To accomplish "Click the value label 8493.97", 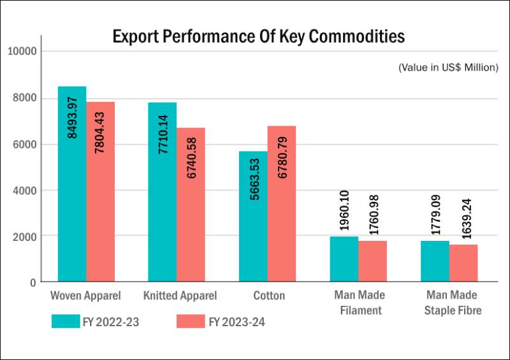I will [72, 117].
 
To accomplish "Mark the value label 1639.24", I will [463, 217].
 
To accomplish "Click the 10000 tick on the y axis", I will [22, 51].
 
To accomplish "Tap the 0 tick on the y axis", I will [33, 282].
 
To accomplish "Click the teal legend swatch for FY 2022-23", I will [65, 321].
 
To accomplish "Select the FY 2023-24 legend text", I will [237, 322].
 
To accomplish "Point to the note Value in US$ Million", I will [448, 67].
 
